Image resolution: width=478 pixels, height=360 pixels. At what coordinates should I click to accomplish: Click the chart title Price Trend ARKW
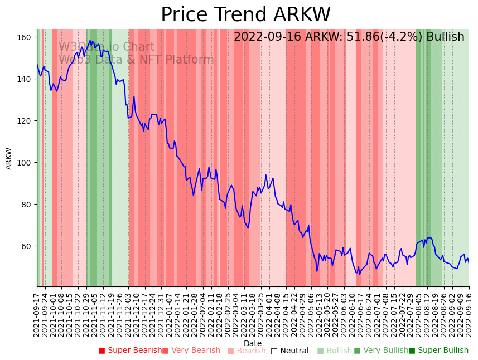tap(245, 15)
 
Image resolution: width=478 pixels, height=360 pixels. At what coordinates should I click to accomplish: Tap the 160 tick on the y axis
tap(25, 37)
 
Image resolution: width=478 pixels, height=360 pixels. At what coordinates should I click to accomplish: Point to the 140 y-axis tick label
tap(25, 79)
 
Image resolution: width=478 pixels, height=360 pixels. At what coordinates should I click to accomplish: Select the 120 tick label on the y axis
tap(25, 121)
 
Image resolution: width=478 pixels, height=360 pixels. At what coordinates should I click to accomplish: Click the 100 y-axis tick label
tap(25, 163)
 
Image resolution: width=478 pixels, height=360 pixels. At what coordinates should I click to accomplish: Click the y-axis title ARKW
tap(9, 158)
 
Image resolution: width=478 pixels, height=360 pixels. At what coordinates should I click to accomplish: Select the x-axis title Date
tap(253, 343)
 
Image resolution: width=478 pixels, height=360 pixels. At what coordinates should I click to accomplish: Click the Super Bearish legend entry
tap(131, 351)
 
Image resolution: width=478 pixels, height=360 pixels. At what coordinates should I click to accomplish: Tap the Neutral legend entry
tap(289, 351)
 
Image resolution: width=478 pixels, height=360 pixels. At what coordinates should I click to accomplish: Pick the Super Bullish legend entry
tap(438, 351)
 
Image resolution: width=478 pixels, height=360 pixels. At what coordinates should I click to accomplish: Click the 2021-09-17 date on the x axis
tap(37, 315)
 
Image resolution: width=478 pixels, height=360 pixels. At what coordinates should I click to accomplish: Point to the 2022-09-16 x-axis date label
tap(469, 315)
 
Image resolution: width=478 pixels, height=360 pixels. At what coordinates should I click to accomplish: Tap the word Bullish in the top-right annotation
tap(445, 37)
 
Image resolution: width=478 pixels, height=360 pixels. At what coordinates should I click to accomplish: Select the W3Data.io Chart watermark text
tap(107, 47)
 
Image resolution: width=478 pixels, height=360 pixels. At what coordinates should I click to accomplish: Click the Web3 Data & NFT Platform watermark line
tap(136, 60)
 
